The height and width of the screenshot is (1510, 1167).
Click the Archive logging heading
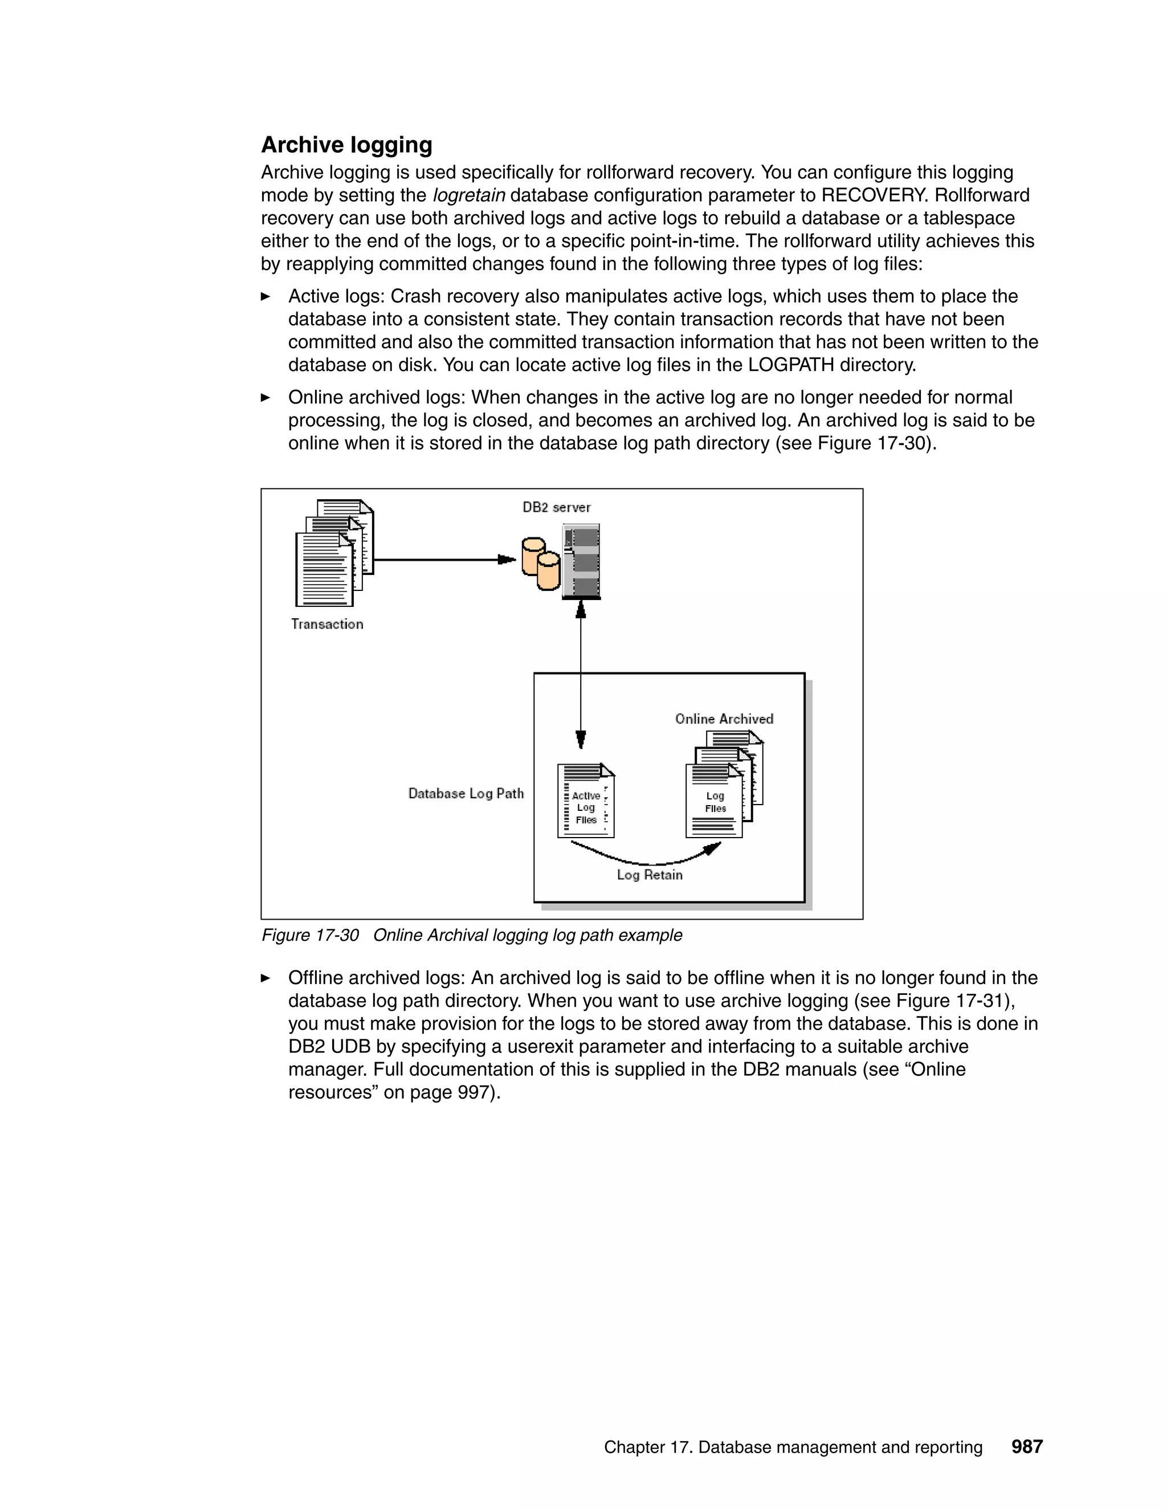coord(346,145)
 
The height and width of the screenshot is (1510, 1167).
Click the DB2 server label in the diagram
coord(557,508)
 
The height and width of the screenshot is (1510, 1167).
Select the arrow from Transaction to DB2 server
coord(442,560)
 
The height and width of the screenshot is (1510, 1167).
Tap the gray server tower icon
coord(581,561)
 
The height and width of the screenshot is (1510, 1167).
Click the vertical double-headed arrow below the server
coord(581,674)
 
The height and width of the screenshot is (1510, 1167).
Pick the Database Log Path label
coord(466,794)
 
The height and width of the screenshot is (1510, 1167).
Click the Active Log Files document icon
coord(586,801)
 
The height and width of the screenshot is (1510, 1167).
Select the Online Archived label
coord(724,719)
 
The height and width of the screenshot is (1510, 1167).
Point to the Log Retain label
coord(649,875)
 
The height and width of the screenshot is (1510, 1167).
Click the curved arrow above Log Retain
coord(646,859)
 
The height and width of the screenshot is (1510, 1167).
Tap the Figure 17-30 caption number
coord(311,936)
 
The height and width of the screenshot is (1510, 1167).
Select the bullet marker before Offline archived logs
coord(266,978)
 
